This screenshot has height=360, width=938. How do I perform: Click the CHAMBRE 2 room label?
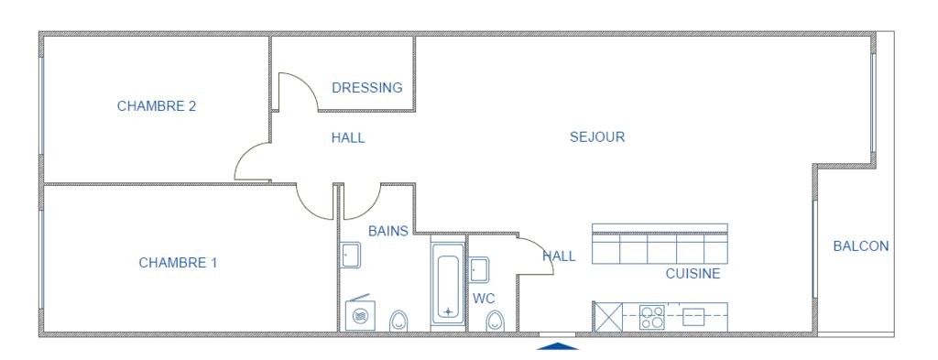click(156, 106)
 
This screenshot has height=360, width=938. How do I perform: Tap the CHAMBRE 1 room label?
click(178, 263)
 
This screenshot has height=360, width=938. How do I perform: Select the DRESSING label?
click(367, 88)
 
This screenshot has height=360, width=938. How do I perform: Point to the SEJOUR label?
click(597, 136)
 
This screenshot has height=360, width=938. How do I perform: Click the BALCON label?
click(861, 245)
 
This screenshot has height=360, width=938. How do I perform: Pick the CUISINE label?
click(693, 274)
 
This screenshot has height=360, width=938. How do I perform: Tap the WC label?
click(484, 298)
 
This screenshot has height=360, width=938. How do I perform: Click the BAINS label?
click(388, 231)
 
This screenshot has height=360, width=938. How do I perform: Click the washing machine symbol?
click(360, 314)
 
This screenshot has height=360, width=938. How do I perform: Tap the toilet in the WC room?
click(495, 322)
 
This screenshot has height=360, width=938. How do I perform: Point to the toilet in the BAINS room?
click(398, 322)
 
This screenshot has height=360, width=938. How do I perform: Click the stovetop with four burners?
click(651, 317)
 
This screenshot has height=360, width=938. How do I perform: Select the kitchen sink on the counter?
click(693, 317)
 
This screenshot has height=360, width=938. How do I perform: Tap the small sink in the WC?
click(478, 269)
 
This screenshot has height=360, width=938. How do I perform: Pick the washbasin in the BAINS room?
click(350, 256)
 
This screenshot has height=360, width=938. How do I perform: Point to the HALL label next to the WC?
click(559, 256)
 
